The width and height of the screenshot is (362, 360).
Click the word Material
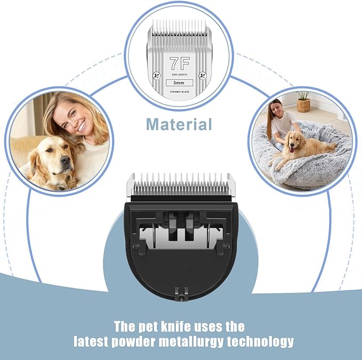179,124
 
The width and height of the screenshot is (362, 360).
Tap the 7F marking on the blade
180,63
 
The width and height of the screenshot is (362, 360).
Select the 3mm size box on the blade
179,83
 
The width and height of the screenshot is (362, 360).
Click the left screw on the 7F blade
157,76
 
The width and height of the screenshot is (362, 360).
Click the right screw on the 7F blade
203,76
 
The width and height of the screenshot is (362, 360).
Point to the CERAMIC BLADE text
180,92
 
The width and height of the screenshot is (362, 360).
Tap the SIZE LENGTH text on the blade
180,75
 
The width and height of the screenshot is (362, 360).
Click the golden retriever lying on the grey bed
300,148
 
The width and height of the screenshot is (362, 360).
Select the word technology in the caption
260,342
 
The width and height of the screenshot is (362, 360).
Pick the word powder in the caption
133,342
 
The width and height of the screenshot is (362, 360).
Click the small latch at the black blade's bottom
181,294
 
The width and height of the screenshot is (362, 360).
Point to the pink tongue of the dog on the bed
292,150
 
